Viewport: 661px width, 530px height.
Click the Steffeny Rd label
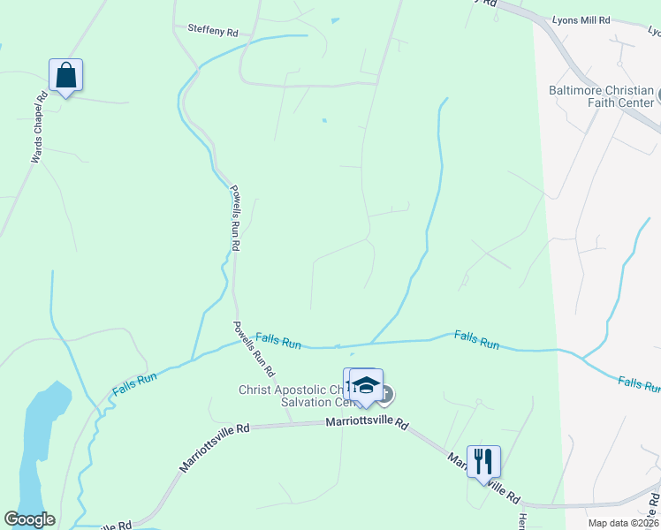pyautogui.click(x=214, y=30)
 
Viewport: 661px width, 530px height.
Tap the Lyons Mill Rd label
pyautogui.click(x=580, y=19)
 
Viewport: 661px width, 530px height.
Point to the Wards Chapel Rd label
pyautogui.click(x=38, y=129)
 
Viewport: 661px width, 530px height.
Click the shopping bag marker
pyautogui.click(x=66, y=74)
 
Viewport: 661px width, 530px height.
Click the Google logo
pyautogui.click(x=29, y=519)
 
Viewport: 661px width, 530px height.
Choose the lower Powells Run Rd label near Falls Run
pyautogui.click(x=254, y=346)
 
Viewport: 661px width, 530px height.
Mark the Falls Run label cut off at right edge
pyautogui.click(x=639, y=383)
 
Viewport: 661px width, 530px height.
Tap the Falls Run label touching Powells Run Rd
pyautogui.click(x=278, y=339)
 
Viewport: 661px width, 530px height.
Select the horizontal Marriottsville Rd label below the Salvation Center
pyautogui.click(x=367, y=424)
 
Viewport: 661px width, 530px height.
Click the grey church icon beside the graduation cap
pyautogui.click(x=386, y=391)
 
